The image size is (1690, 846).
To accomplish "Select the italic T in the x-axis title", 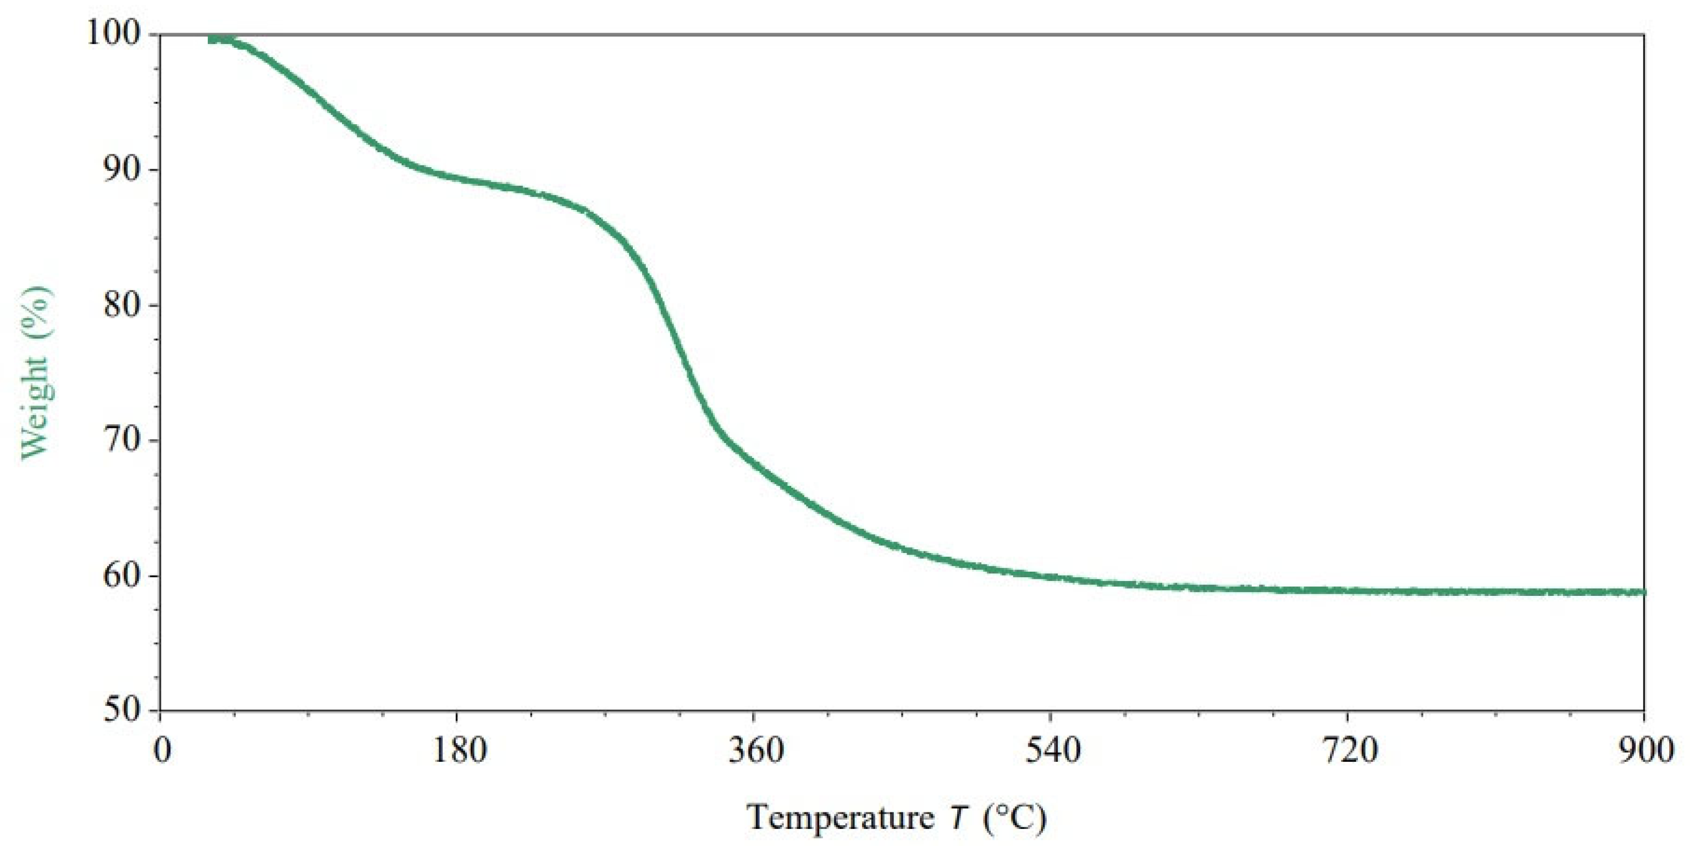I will pos(958,817).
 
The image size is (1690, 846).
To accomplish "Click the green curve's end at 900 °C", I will pos(1643,592).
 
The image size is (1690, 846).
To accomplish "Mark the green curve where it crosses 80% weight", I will pos(659,305).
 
